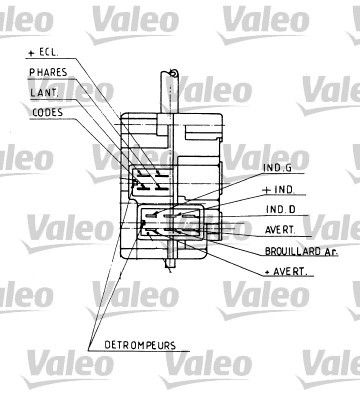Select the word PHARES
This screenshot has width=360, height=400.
click(48, 72)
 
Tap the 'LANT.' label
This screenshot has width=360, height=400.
click(43, 92)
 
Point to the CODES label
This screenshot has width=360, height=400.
click(46, 112)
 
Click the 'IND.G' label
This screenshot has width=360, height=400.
click(280, 170)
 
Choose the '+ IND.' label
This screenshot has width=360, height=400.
click(280, 190)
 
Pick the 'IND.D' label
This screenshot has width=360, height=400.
click(280, 210)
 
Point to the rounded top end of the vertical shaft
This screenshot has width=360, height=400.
click(172, 71)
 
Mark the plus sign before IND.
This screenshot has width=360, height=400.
click(266, 190)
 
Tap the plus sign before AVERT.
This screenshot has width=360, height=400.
click(266, 271)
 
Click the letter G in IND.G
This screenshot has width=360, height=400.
click(293, 170)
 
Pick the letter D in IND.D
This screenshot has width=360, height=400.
click(292, 210)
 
